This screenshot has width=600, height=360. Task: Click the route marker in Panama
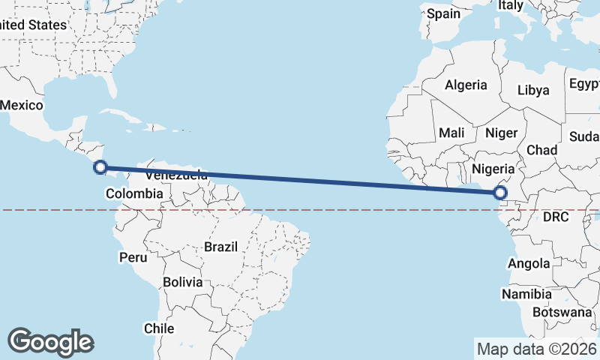tap(100, 168)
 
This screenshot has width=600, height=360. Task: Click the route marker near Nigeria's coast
tap(500, 193)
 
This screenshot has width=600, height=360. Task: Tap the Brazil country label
tap(220, 247)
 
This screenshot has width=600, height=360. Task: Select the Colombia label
tap(134, 194)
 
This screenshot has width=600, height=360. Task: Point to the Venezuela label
tap(177, 175)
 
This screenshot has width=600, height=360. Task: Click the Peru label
tap(133, 257)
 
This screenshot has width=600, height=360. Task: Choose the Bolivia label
tap(183, 283)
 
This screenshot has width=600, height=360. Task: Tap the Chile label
tap(159, 328)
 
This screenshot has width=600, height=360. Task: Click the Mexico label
tap(21, 105)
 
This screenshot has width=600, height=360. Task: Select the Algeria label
tap(466, 85)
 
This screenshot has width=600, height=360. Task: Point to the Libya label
tap(533, 90)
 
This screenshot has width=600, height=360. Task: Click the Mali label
tap(451, 133)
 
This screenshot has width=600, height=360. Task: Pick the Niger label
tap(502, 133)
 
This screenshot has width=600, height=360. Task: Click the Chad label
tap(541, 150)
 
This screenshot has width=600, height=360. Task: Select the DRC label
tap(556, 217)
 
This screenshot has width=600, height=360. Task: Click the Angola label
tap(529, 263)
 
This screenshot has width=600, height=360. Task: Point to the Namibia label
tap(527, 293)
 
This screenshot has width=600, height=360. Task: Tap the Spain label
tap(443, 13)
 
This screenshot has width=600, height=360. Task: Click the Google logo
tap(50, 341)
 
